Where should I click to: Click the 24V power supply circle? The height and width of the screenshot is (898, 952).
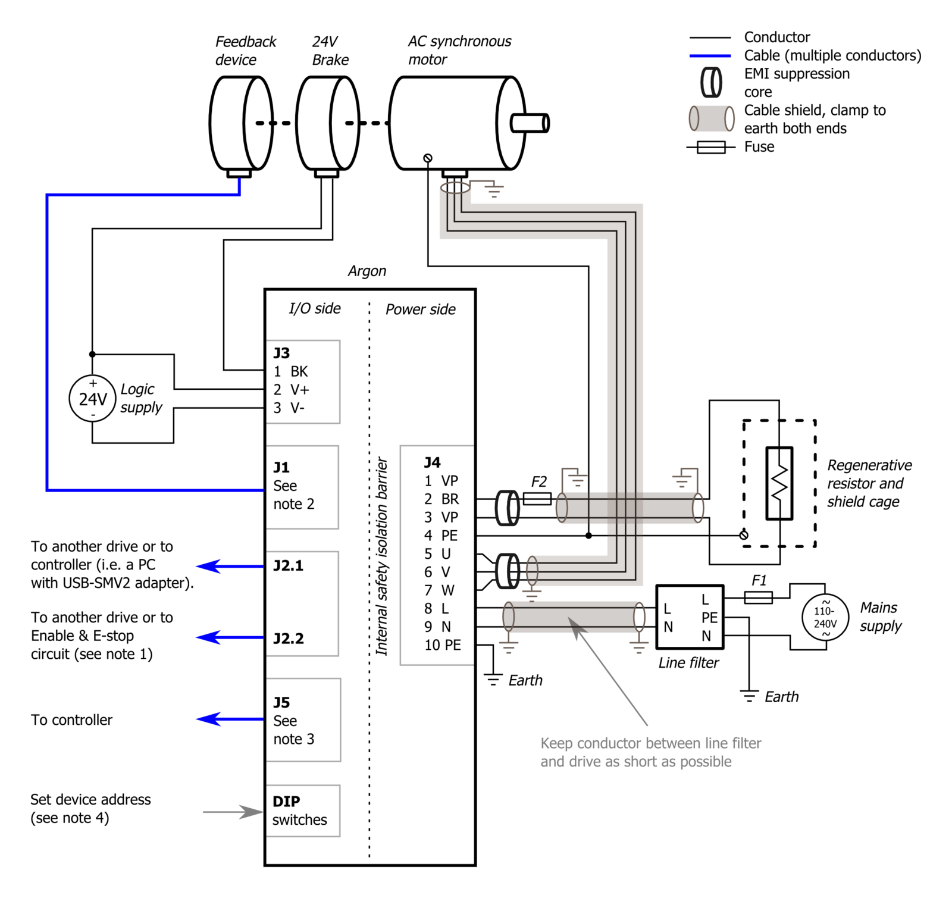point(92,399)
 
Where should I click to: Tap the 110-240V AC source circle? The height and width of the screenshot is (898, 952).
point(825,618)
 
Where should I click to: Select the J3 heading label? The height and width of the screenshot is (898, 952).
point(281,353)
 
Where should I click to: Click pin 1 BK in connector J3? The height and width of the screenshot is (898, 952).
point(291,371)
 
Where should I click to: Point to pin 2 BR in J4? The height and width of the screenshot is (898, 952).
point(441,499)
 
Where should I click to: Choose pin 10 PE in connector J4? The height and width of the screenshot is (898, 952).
point(443,645)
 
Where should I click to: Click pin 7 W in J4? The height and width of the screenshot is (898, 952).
point(440,590)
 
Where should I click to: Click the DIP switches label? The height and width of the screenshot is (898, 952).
point(299,811)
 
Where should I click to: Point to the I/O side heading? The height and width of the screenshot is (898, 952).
point(315,308)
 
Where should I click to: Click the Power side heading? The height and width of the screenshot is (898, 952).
point(421,309)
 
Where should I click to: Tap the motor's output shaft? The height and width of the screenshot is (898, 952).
point(529,123)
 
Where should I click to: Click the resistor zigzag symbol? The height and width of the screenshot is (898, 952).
point(779,483)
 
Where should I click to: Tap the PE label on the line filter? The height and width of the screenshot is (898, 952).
point(709,618)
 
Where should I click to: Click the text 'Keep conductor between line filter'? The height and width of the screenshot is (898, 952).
point(651,743)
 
